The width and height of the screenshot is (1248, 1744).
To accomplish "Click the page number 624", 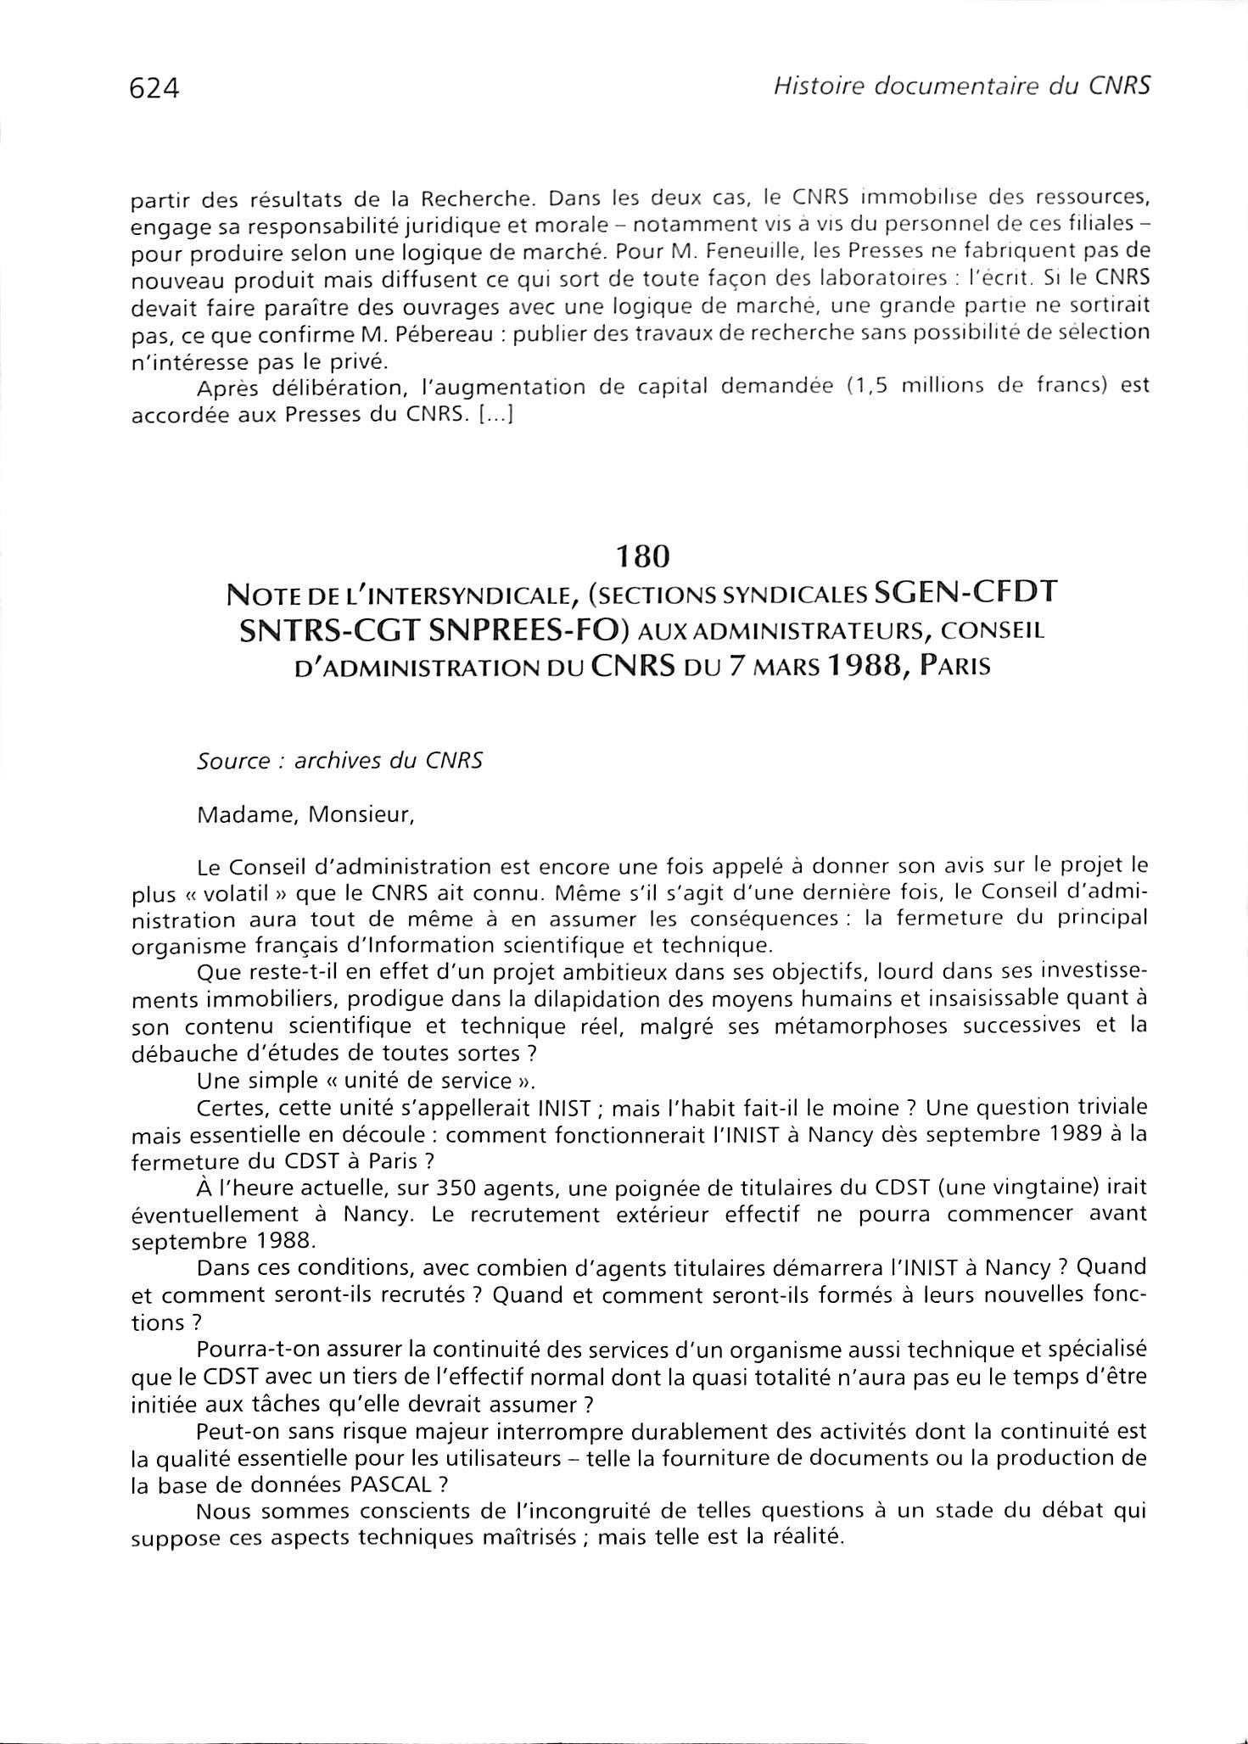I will click(154, 87).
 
